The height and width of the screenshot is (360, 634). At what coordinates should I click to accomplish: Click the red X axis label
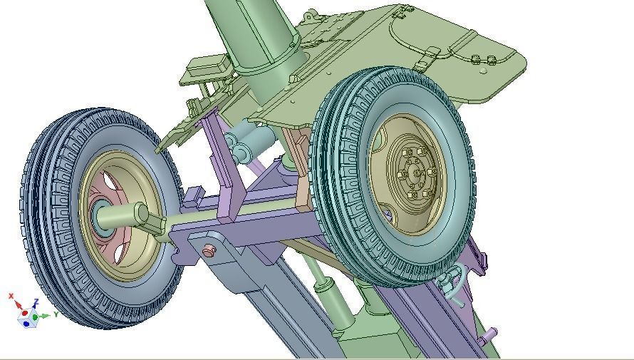tap(11, 296)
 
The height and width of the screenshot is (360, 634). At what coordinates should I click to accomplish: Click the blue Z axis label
tap(36, 302)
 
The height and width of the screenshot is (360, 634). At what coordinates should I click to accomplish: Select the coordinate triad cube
tap(26, 316)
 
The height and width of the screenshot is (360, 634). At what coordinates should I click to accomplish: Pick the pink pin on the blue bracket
tap(209, 252)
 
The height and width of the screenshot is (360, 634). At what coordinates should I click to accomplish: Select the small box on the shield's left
tap(207, 69)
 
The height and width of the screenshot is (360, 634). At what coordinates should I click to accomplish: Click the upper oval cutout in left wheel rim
tap(110, 184)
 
